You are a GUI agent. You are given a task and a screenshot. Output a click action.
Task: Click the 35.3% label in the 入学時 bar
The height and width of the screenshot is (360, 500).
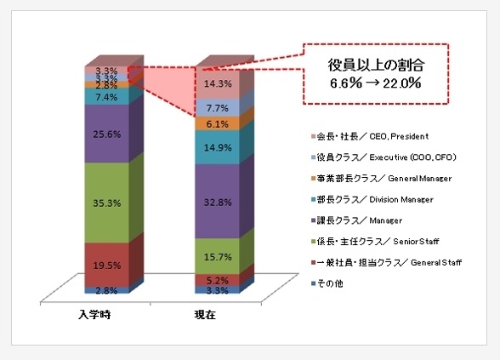(x=106, y=203)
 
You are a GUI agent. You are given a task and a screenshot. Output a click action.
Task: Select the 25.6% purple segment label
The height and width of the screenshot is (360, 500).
(x=106, y=134)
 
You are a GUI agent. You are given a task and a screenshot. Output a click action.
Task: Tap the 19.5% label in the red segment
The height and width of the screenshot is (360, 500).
(x=106, y=265)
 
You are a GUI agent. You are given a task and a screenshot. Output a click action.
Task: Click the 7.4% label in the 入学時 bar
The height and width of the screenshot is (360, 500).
(x=106, y=98)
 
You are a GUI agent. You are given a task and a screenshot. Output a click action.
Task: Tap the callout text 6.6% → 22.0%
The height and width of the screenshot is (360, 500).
(x=376, y=83)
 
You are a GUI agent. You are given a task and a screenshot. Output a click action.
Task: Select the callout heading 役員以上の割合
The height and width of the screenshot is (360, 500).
(x=376, y=64)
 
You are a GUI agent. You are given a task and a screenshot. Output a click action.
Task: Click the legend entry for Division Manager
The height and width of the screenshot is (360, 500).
(x=374, y=199)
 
